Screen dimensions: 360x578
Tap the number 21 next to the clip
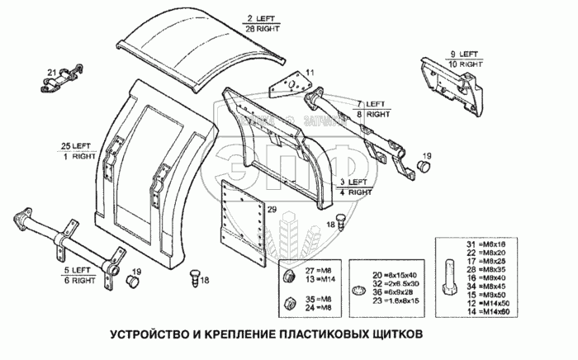(x=51, y=71)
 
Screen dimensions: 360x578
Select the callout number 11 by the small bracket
(x=310, y=74)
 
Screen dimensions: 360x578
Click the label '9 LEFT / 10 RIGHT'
(x=466, y=59)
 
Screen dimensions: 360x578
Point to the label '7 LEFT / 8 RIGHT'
(x=372, y=108)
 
